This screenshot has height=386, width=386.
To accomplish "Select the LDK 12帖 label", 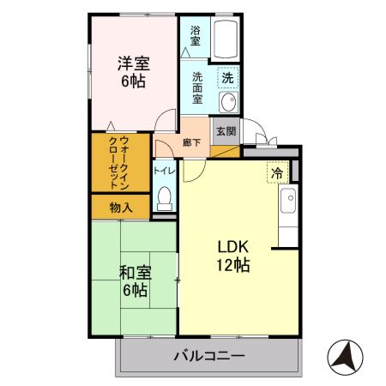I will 232,255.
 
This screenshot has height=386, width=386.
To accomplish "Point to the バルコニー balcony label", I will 209,354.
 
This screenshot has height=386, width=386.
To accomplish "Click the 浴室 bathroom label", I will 195,35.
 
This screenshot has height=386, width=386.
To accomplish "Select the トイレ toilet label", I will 165,171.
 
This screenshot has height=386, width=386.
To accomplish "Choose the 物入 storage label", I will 121,206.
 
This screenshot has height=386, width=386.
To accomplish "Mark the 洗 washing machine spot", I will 226,77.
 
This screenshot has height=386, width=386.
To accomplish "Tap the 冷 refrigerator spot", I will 277,172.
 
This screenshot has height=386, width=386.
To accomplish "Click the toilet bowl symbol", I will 166,198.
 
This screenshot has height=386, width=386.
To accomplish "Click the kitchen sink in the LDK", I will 289,202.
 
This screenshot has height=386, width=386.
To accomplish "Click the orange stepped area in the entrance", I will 224,152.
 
